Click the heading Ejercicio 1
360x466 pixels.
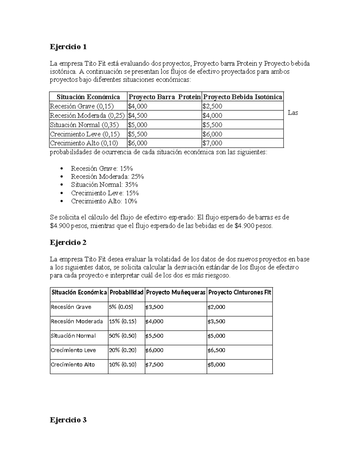coord(68,47)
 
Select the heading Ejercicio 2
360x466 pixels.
coord(68,242)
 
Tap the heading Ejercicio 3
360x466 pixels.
coord(68,420)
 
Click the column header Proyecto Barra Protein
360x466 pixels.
coord(164,97)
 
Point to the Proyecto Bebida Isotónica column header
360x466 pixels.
coord(242,97)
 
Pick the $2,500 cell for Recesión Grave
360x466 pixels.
coord(212,106)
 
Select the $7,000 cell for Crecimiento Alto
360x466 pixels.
coord(212,143)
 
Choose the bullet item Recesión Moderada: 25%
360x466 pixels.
coord(107,176)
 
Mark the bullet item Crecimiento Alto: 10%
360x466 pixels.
coord(104,201)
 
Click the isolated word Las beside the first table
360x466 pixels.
coord(293,113)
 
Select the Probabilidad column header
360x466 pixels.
coord(126,292)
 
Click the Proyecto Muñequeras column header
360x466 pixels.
coord(175,292)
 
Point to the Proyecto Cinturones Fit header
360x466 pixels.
coord(239,292)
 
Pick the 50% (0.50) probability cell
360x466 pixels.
coord(122,336)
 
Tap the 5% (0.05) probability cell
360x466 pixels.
coord(121,307)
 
